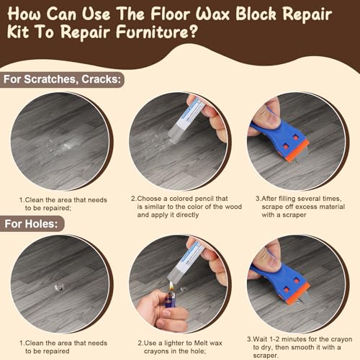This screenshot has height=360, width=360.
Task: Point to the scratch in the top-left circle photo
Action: coord(67,146)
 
